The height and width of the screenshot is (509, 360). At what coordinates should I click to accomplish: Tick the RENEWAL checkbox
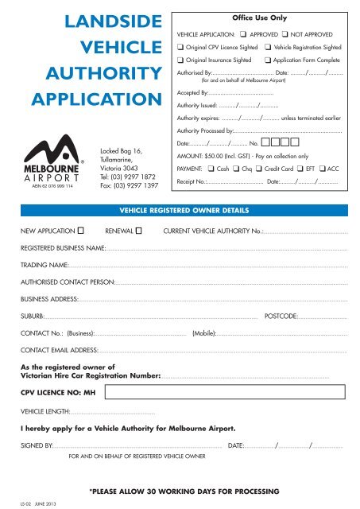tap(139, 231)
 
